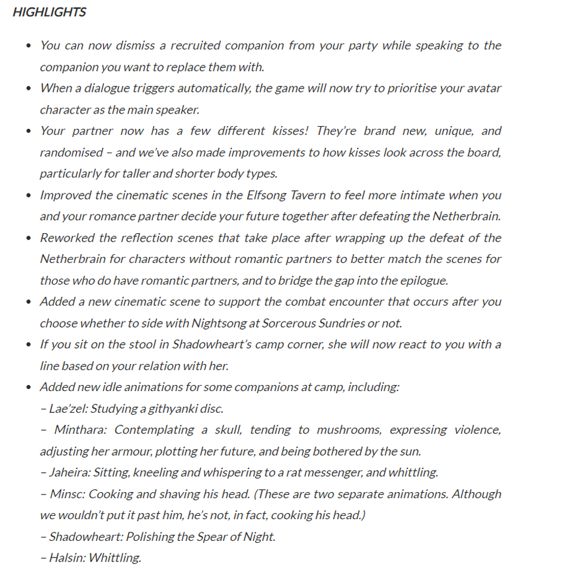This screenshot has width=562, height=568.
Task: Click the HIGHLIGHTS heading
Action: pyautogui.click(x=49, y=13)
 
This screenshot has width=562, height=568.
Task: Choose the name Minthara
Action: pyautogui.click(x=80, y=429)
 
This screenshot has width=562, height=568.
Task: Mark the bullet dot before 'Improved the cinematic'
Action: pyautogui.click(x=28, y=195)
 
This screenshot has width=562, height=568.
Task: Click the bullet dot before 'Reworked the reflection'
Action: pyautogui.click(x=28, y=238)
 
